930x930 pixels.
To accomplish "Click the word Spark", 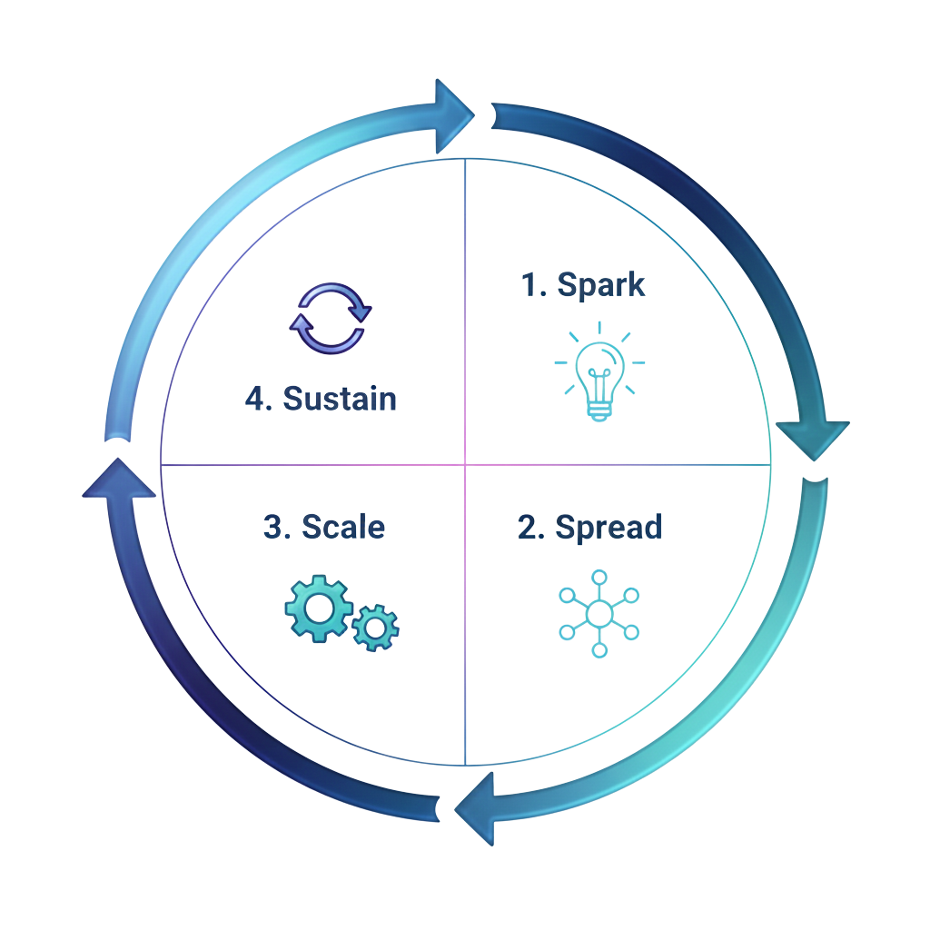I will coord(601,284).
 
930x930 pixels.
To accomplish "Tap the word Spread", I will coord(608,527).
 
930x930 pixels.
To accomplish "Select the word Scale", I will coord(342,527).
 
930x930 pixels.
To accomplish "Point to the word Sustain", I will coord(340,398).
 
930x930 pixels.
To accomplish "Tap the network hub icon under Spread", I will coord(599,614).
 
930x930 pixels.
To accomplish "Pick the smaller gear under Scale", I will coord(375,626).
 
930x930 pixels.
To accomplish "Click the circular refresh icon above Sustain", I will coord(329,317).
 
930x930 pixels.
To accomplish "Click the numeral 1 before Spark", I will coord(530,284).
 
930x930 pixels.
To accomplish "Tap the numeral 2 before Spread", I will coord(528,527).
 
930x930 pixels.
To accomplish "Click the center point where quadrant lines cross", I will coord(465,465).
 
